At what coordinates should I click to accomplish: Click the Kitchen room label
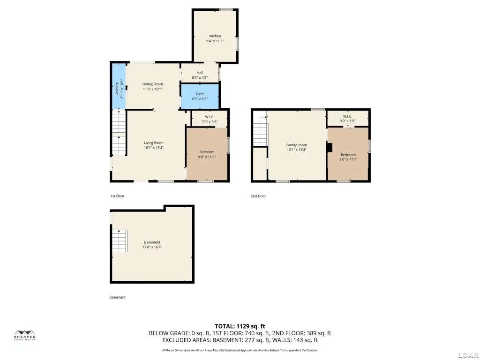[215, 36]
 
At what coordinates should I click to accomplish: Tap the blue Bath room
[200, 97]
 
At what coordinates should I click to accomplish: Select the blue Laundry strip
[119, 86]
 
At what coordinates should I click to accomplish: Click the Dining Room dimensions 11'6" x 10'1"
[152, 90]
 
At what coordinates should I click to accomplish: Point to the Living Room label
[154, 142]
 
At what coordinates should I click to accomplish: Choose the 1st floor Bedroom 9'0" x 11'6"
[207, 154]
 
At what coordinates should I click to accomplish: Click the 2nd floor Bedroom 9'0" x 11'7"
[348, 154]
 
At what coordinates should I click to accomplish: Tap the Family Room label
[296, 145]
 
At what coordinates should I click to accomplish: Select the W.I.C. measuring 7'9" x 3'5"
[210, 119]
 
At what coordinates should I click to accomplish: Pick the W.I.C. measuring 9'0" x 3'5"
[347, 118]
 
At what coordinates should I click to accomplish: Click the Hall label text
[200, 73]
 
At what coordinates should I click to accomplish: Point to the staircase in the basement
[120, 241]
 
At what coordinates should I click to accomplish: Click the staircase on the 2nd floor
[261, 131]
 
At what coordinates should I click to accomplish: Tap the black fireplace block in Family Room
[330, 147]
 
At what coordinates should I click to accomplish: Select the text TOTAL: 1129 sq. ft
[240, 326]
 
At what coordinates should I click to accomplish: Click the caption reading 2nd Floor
[258, 196]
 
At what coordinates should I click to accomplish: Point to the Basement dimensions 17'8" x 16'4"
[152, 247]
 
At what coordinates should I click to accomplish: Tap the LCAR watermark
[468, 355]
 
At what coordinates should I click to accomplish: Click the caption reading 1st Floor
[117, 196]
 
